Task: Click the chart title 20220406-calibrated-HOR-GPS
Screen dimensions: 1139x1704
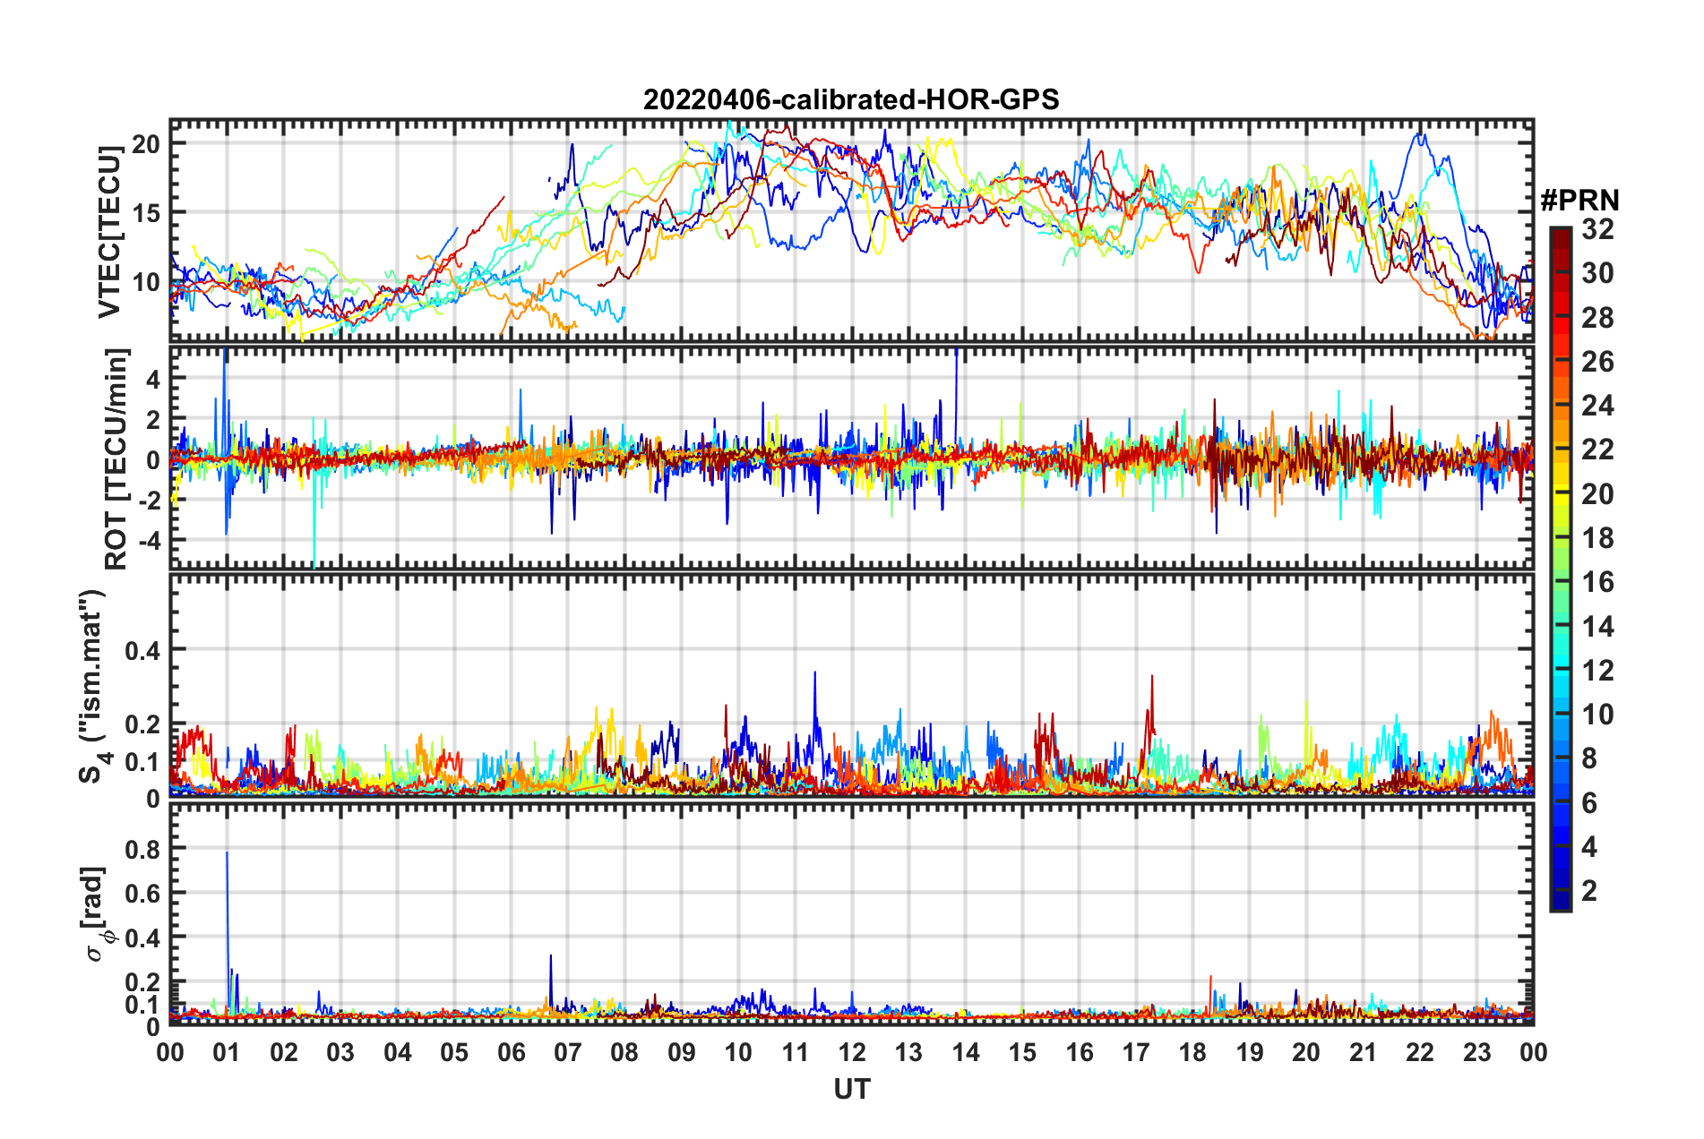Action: pyautogui.click(x=851, y=99)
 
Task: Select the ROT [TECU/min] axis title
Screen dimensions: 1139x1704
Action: pyautogui.click(x=116, y=458)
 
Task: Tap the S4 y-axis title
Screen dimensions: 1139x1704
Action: pyautogui.click(x=92, y=686)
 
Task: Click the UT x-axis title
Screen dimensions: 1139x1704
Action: pyautogui.click(x=851, y=1089)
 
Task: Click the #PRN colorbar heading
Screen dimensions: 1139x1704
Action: pyautogui.click(x=1579, y=201)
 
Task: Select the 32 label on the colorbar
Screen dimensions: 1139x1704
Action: pyautogui.click(x=1597, y=229)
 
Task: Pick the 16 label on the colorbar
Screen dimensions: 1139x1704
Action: pyautogui.click(x=1597, y=582)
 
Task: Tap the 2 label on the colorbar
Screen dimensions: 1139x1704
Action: pyautogui.click(x=1589, y=890)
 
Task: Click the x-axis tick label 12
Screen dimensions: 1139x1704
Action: pyautogui.click(x=851, y=1052)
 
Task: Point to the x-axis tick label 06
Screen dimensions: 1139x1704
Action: pyautogui.click(x=511, y=1052)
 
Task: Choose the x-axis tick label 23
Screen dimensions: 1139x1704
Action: pyautogui.click(x=1476, y=1052)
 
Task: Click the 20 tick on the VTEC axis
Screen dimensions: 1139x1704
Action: pyautogui.click(x=146, y=143)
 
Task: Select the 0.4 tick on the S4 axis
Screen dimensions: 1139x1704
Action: pyautogui.click(x=142, y=650)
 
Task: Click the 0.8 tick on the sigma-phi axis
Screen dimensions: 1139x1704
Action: pyautogui.click(x=142, y=848)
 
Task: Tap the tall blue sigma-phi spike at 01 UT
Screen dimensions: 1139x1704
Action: pyautogui.click(x=227, y=853)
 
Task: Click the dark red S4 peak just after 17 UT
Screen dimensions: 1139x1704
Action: pyautogui.click(x=1152, y=678)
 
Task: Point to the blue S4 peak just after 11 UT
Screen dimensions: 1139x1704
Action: pyautogui.click(x=814, y=673)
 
